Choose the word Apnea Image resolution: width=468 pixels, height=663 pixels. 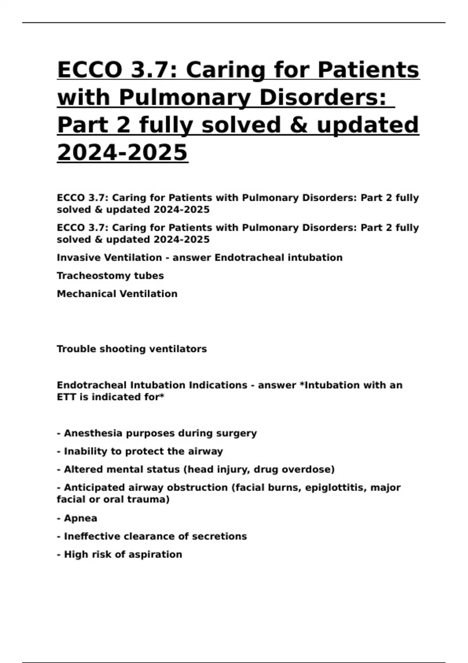pyautogui.click(x=80, y=518)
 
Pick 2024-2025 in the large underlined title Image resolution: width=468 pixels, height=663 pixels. pyautogui.click(x=122, y=152)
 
